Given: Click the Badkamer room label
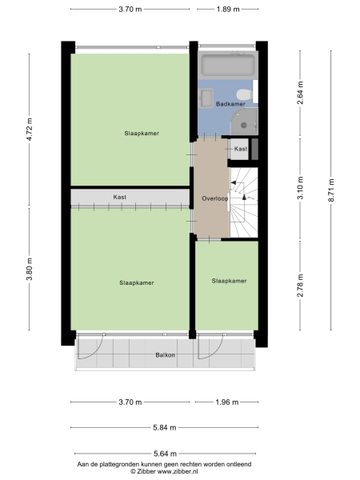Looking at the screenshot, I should click(x=230, y=104).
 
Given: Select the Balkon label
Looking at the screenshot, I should click(x=166, y=354).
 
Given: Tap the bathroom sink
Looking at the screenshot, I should click(x=205, y=98).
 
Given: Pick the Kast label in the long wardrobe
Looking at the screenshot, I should click(x=120, y=197).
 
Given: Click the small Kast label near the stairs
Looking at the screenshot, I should click(x=241, y=149).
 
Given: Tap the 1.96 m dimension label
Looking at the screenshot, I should click(x=228, y=402).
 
